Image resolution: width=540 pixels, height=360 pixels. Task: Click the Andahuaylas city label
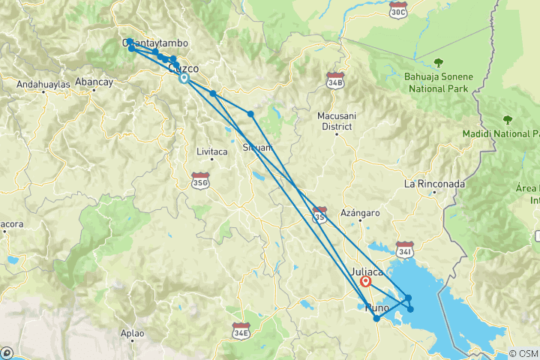[44, 84]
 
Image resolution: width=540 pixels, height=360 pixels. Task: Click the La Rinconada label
[435, 184]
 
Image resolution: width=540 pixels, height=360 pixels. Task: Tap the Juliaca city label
[367, 271]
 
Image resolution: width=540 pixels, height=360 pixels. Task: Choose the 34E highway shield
[241, 330]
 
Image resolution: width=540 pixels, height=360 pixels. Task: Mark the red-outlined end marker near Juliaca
[366, 282]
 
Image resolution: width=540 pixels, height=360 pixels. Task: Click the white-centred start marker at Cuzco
[184, 78]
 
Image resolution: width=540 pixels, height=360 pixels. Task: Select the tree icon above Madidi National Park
[508, 119]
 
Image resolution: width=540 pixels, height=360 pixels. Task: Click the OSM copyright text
[523, 353]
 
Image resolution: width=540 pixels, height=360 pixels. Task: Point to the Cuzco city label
[184, 68]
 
